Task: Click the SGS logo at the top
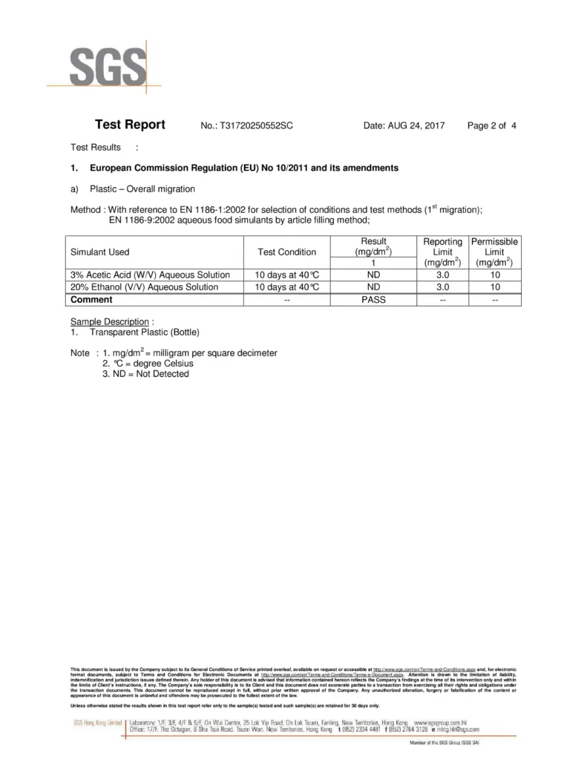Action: coord(108,67)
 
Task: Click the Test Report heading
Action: coord(130,125)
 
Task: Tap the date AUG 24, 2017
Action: coord(404,126)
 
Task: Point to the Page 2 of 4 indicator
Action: coord(491,126)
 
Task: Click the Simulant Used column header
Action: coord(99,252)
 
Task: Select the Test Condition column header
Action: coord(286,252)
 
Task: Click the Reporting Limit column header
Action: coord(443,252)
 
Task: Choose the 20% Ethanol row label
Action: coord(144,286)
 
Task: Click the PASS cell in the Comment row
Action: coord(374,300)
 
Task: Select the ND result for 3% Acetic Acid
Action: coord(374,274)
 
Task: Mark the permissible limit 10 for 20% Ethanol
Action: coord(494,286)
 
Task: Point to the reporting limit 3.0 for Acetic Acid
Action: coord(443,274)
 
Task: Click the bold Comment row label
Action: coord(91,300)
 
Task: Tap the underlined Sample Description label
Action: coord(110,322)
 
